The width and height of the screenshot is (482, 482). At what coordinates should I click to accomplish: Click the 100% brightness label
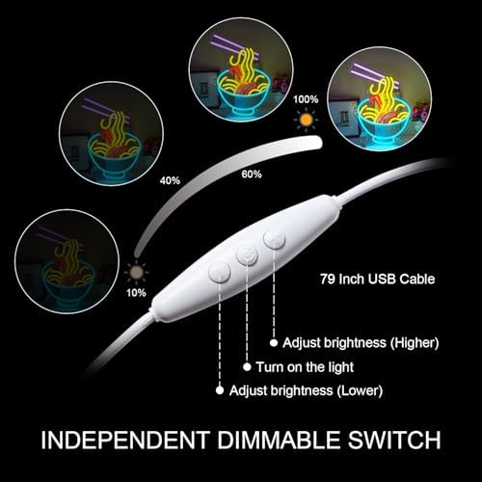pos(306,99)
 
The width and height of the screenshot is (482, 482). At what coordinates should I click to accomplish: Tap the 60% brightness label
pos(252,174)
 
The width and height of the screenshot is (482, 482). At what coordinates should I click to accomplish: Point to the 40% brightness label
pos(170,181)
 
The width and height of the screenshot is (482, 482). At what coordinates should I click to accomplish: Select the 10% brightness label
pos(136,293)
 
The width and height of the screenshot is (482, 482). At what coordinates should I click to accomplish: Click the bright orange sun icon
pos(306,120)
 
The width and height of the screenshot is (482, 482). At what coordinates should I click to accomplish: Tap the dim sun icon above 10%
pos(137,273)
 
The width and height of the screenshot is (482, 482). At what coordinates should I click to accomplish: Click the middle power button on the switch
pos(247,255)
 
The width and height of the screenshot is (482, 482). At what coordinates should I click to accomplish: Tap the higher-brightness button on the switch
pos(274,239)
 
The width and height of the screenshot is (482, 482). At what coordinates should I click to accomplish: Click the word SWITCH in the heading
pos(394,440)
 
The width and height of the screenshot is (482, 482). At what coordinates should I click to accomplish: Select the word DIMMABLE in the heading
pos(279,440)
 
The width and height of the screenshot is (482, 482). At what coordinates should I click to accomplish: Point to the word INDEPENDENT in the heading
pos(125,440)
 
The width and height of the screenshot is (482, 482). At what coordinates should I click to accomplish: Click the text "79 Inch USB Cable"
pos(378,279)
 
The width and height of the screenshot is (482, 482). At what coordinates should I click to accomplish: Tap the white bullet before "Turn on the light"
pos(247,367)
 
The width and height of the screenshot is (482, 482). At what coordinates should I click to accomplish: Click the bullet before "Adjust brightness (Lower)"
pos(220,390)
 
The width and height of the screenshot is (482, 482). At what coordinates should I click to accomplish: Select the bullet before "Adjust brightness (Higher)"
pos(274,343)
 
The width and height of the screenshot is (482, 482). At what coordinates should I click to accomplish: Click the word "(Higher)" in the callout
pos(415,343)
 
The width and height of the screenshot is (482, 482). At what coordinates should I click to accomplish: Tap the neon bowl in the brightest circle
pos(381,123)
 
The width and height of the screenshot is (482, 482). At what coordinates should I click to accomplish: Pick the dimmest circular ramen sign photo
pos(67,261)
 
